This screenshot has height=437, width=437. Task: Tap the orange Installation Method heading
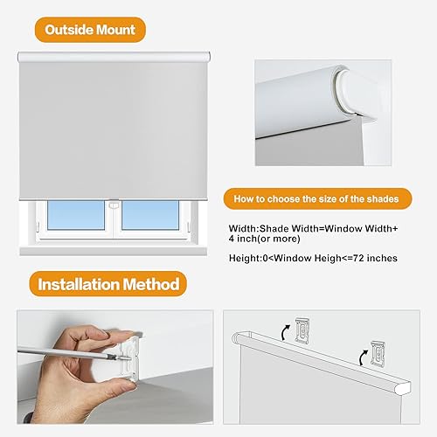[x=109, y=283]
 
